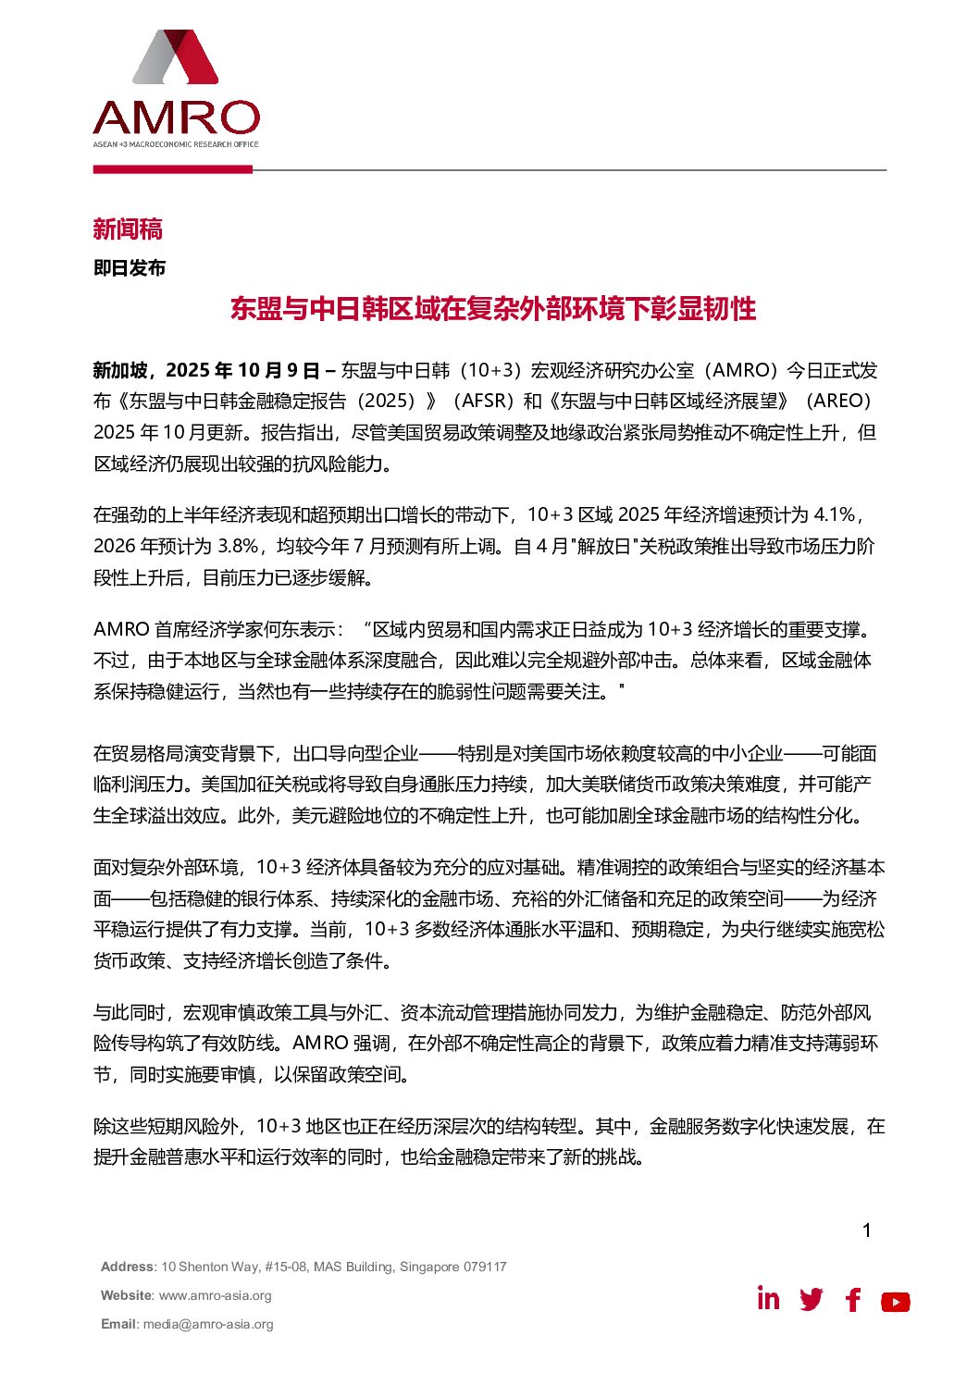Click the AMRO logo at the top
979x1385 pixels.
tap(176, 89)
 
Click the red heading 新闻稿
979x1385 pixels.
tap(128, 229)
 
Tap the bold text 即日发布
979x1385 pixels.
tap(130, 268)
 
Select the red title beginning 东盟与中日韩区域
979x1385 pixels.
tap(493, 309)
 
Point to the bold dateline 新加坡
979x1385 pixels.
tap(120, 371)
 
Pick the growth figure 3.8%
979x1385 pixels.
tap(237, 547)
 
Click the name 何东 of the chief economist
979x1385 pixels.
tap(276, 630)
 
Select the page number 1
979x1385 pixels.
tap(866, 1230)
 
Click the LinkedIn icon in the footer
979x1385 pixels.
tap(768, 1299)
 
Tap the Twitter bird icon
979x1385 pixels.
tap(812, 1300)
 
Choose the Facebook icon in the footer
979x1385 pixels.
tap(853, 1300)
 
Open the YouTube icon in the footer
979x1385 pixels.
tap(895, 1302)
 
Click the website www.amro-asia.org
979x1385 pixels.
tap(215, 1295)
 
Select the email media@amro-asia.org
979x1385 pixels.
tap(208, 1324)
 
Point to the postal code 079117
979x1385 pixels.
tap(485, 1267)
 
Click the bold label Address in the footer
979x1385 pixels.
tap(127, 1267)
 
